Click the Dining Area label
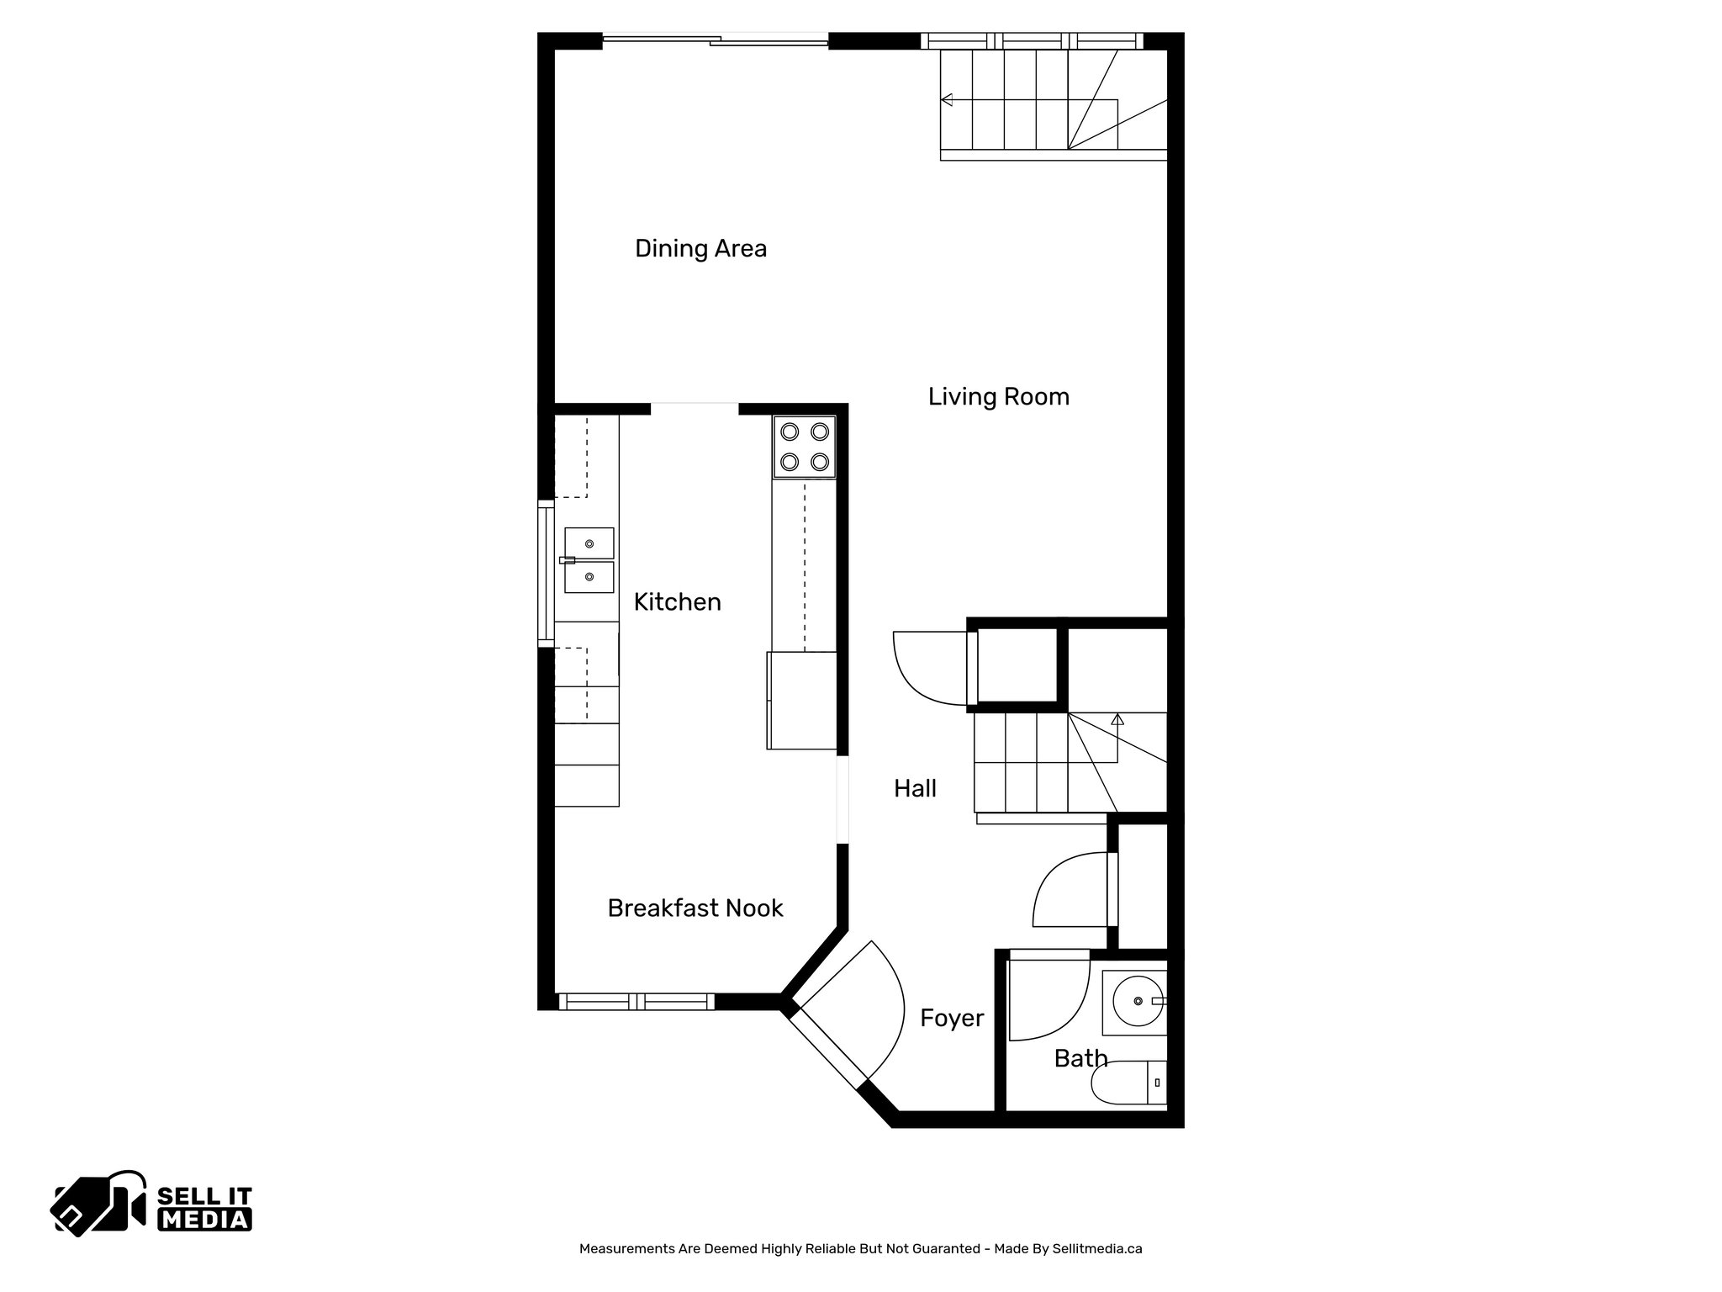coord(700,249)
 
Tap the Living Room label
coord(998,397)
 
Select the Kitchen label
coord(677,602)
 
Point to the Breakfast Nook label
coord(695,908)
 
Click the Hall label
coord(915,789)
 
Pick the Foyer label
coord(951,1019)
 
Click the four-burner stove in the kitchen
coord(805,447)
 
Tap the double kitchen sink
coord(589,560)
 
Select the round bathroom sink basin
coord(1137,1001)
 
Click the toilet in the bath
coord(1127,1084)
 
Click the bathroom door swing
coord(1043,1001)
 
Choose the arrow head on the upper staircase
coord(947,100)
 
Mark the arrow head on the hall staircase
coord(1117,719)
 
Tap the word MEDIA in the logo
coord(205,1220)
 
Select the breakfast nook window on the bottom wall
coord(637,1001)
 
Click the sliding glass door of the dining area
coord(716,39)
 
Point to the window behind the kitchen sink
coord(547,574)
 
